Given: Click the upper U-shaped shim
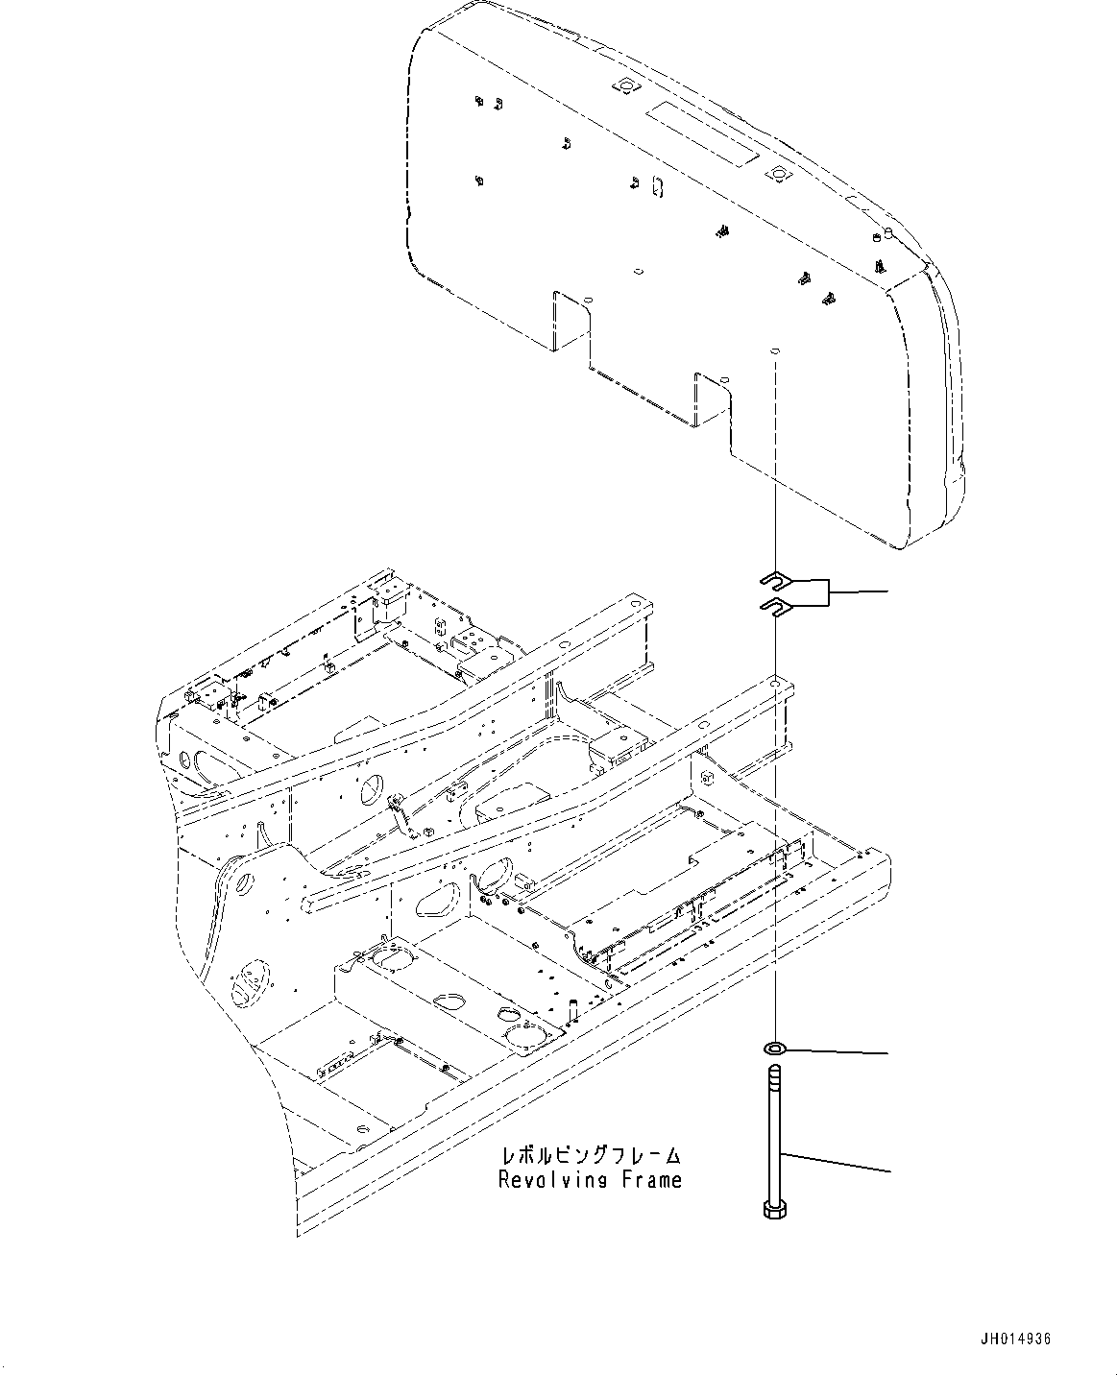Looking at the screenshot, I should [772, 578].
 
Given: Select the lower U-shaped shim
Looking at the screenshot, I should [772, 604].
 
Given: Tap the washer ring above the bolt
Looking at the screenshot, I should [774, 1046].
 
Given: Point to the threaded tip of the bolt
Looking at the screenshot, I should [774, 1073].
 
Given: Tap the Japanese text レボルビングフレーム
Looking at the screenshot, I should [590, 1155].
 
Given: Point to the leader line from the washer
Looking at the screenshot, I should [836, 1050].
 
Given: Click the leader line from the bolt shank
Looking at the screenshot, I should [836, 1161].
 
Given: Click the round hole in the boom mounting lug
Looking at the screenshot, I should [242, 875].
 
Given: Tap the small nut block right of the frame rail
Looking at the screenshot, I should [706, 773].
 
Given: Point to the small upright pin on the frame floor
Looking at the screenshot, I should [572, 1009].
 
